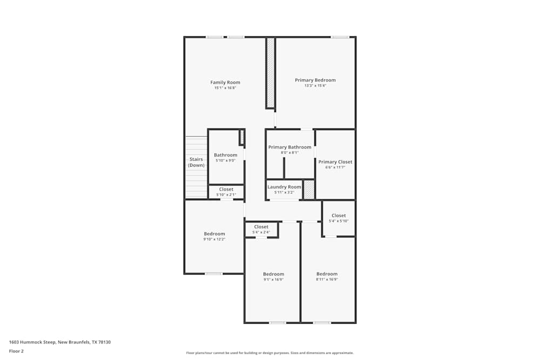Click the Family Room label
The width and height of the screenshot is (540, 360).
(225, 83)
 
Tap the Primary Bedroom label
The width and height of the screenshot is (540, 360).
(315, 80)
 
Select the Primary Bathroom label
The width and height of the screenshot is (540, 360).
(289, 147)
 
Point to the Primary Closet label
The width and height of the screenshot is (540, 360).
(335, 162)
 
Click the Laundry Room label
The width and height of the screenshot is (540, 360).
(284, 187)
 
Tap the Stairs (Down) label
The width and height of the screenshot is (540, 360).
(196, 162)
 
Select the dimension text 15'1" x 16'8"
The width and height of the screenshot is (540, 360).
(225, 88)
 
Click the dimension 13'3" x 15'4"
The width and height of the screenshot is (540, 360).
(315, 85)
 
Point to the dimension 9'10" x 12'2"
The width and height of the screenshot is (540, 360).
(214, 239)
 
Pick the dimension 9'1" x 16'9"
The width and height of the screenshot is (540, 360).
(273, 280)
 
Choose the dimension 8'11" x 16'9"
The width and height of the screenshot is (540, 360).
(327, 280)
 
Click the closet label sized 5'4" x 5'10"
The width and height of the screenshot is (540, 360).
(339, 215)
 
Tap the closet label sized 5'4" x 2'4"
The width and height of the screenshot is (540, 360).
(261, 227)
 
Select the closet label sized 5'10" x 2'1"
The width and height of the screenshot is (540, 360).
(226, 189)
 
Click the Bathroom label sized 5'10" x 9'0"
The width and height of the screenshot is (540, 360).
(225, 155)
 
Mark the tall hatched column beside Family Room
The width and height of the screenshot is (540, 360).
(270, 72)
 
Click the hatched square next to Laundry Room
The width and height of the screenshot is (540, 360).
(309, 189)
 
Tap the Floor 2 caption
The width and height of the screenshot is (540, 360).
(16, 351)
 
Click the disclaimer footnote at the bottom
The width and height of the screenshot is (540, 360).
(270, 353)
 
